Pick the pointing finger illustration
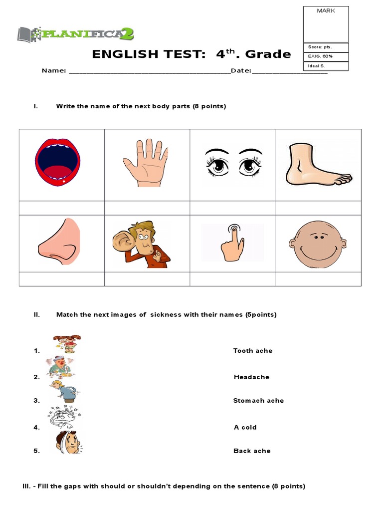pos(232,243)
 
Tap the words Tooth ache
pos(253,351)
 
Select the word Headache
pos(251,377)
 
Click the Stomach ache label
pos(258,401)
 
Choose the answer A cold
pos(245,427)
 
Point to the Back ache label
pos(252,451)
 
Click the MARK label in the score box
pos(326,10)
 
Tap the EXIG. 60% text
pos(321,56)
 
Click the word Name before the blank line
pos(53,71)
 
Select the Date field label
pos(241,71)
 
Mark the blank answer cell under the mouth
pos(62,208)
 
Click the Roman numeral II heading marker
pos(36,315)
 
